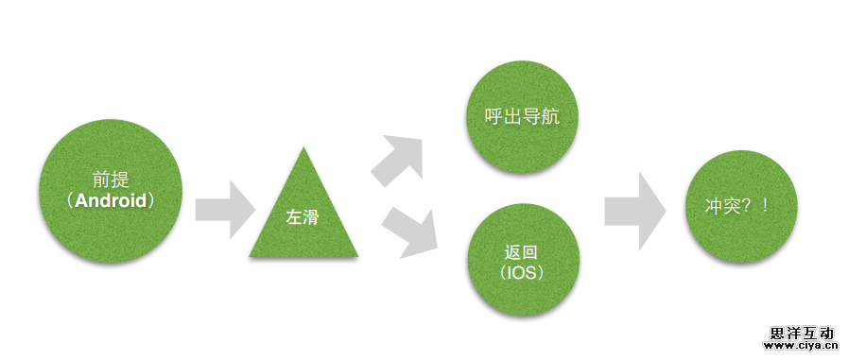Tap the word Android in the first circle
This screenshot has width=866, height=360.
[112, 201]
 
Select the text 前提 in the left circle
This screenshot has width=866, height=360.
[112, 179]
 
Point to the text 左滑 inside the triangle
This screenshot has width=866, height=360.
[303, 217]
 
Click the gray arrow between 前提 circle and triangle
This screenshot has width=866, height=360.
[225, 207]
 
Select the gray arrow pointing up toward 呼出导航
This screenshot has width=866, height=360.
[398, 160]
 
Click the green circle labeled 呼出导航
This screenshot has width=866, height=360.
[523, 117]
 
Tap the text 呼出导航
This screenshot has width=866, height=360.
[523, 117]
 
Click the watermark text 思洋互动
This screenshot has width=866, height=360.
[803, 333]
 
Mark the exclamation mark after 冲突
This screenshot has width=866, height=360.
[764, 207]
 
